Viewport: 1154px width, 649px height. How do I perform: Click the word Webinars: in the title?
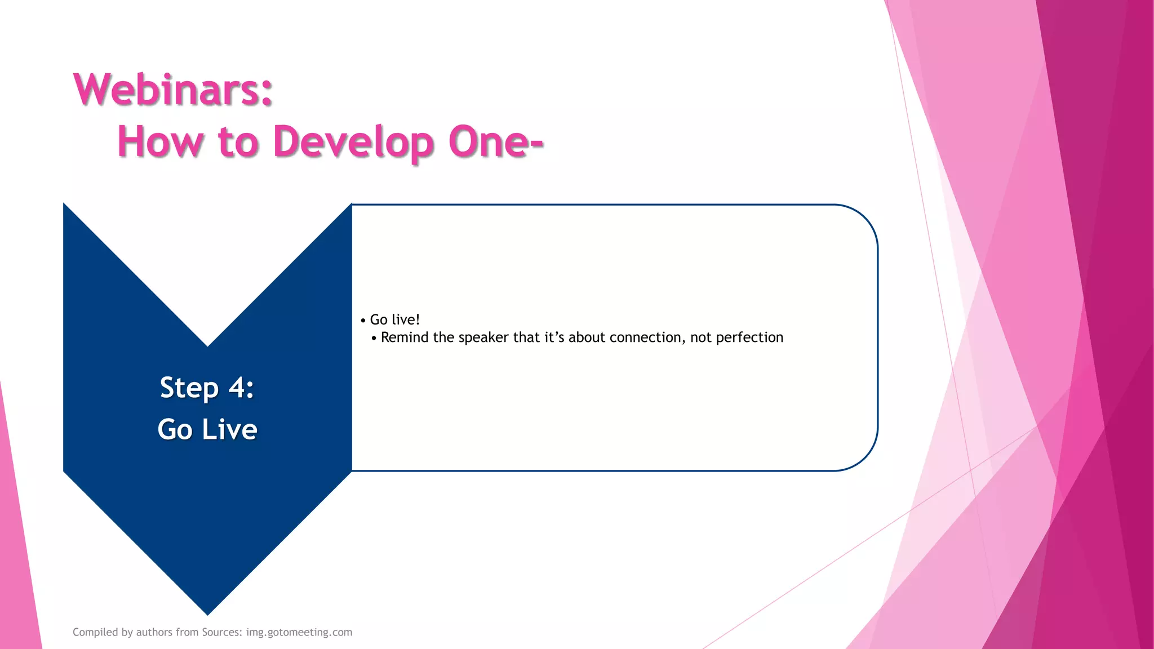click(x=173, y=90)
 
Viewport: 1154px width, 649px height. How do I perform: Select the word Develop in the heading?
click(x=353, y=141)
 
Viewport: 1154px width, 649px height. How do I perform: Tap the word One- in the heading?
click(x=496, y=141)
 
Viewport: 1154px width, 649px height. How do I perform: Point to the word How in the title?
click(x=160, y=141)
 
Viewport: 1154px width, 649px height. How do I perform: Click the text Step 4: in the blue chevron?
click(x=207, y=388)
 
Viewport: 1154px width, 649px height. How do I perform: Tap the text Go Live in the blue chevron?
click(x=207, y=429)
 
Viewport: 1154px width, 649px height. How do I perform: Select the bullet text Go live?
click(x=394, y=320)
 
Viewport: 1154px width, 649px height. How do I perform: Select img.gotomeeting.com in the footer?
click(x=299, y=632)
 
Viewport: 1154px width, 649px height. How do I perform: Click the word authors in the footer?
click(x=154, y=632)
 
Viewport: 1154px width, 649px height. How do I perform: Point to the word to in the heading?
click(x=238, y=141)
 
